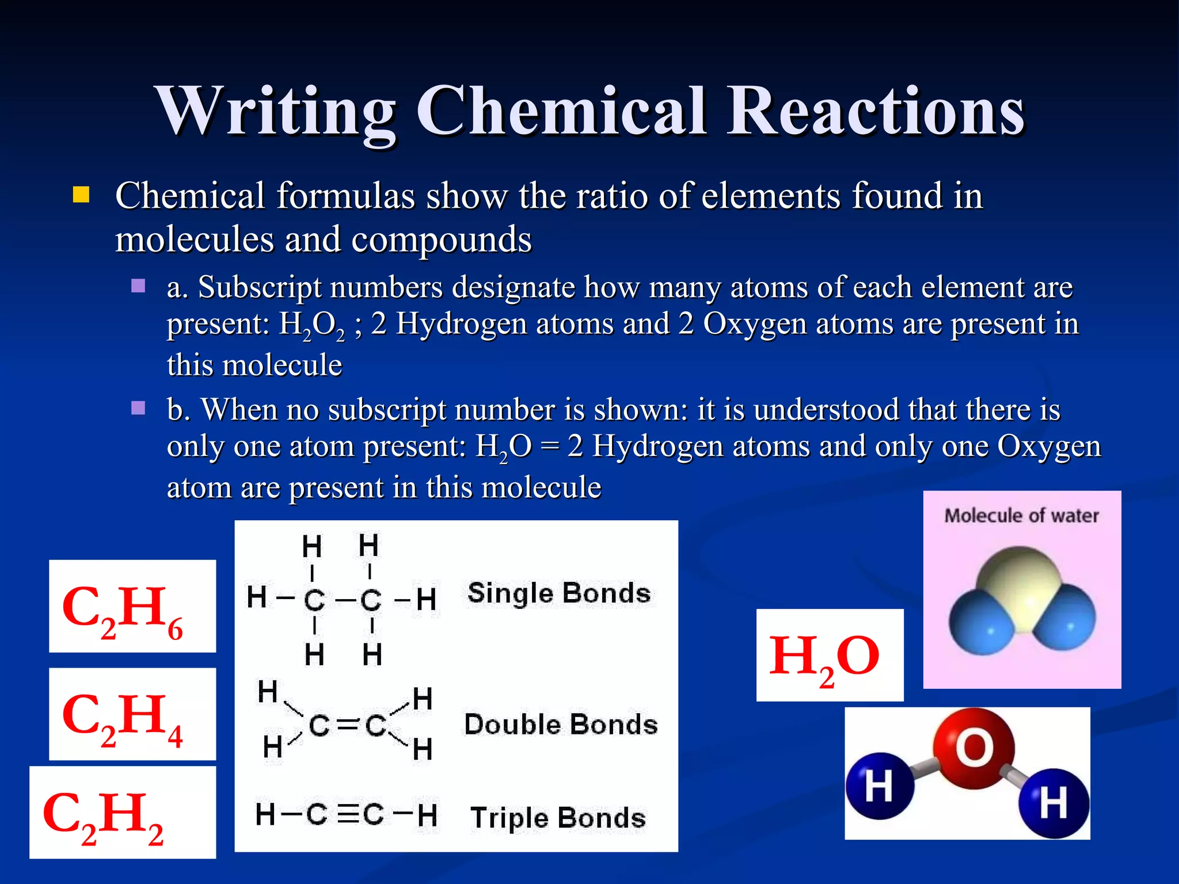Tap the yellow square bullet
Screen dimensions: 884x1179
tap(81, 195)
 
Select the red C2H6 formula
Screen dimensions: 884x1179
tap(123, 609)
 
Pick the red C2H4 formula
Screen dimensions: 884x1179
tap(123, 717)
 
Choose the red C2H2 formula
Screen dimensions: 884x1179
tap(104, 814)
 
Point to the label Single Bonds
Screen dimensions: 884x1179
tap(558, 593)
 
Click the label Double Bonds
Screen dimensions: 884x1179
tap(561, 725)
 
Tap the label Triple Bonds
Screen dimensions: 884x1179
tap(558, 818)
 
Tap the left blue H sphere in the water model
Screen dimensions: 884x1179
tap(879, 786)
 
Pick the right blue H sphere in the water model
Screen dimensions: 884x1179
tap(1054, 803)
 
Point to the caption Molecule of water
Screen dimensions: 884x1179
tap(1022, 516)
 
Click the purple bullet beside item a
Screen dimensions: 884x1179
tap(138, 286)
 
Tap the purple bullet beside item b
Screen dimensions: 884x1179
tap(138, 408)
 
